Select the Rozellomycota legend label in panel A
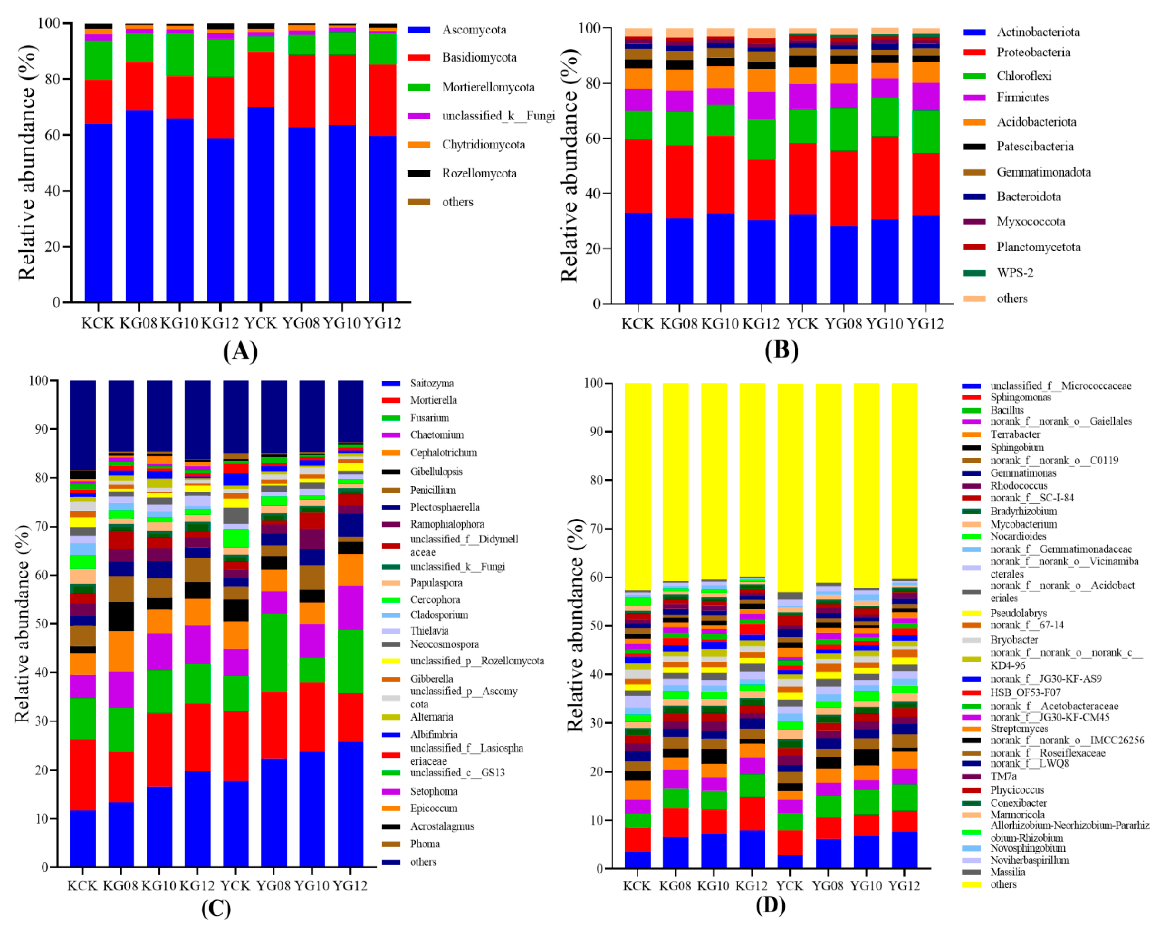(x=479, y=173)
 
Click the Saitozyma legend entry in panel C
(x=432, y=383)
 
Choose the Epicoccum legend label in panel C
(x=433, y=808)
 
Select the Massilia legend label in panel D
(x=1007, y=872)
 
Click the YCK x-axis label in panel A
(x=260, y=323)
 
